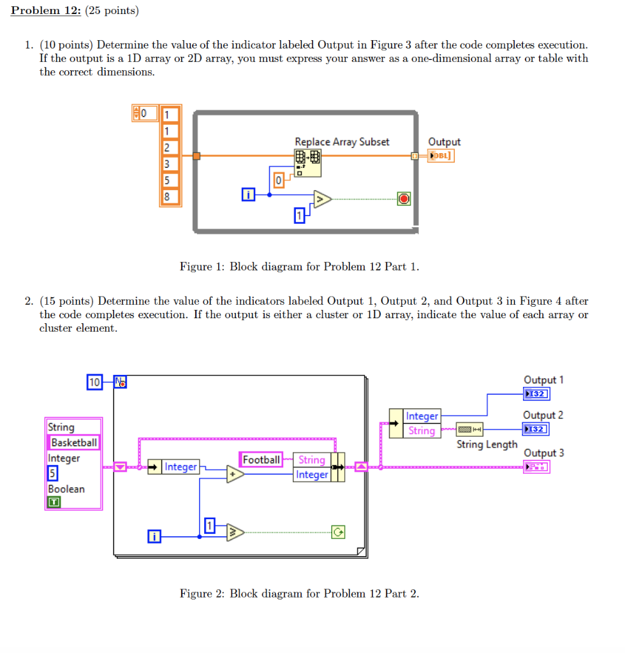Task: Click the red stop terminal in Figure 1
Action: point(403,199)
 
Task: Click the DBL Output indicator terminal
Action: point(442,156)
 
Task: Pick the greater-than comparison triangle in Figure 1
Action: point(321,199)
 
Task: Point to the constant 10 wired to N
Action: point(94,383)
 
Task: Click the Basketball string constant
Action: point(74,443)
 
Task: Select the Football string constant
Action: point(261,460)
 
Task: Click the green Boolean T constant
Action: point(54,503)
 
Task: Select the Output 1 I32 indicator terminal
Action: point(536,394)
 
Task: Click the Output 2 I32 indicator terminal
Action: point(536,429)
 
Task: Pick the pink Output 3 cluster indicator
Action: point(536,467)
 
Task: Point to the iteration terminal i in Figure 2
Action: point(154,537)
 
